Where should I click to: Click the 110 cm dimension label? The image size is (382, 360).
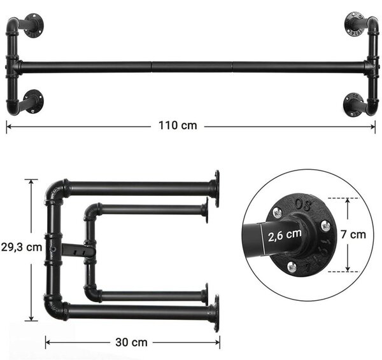(x=178, y=125)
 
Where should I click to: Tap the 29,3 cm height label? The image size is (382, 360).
(x=22, y=247)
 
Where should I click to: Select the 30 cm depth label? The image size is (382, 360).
(x=131, y=342)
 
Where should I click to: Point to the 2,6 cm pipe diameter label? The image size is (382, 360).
(x=285, y=235)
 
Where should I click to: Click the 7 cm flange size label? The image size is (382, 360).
(x=353, y=235)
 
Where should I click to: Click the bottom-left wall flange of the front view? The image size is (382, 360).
(x=34, y=102)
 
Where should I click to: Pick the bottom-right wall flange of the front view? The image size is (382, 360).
(x=353, y=104)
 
